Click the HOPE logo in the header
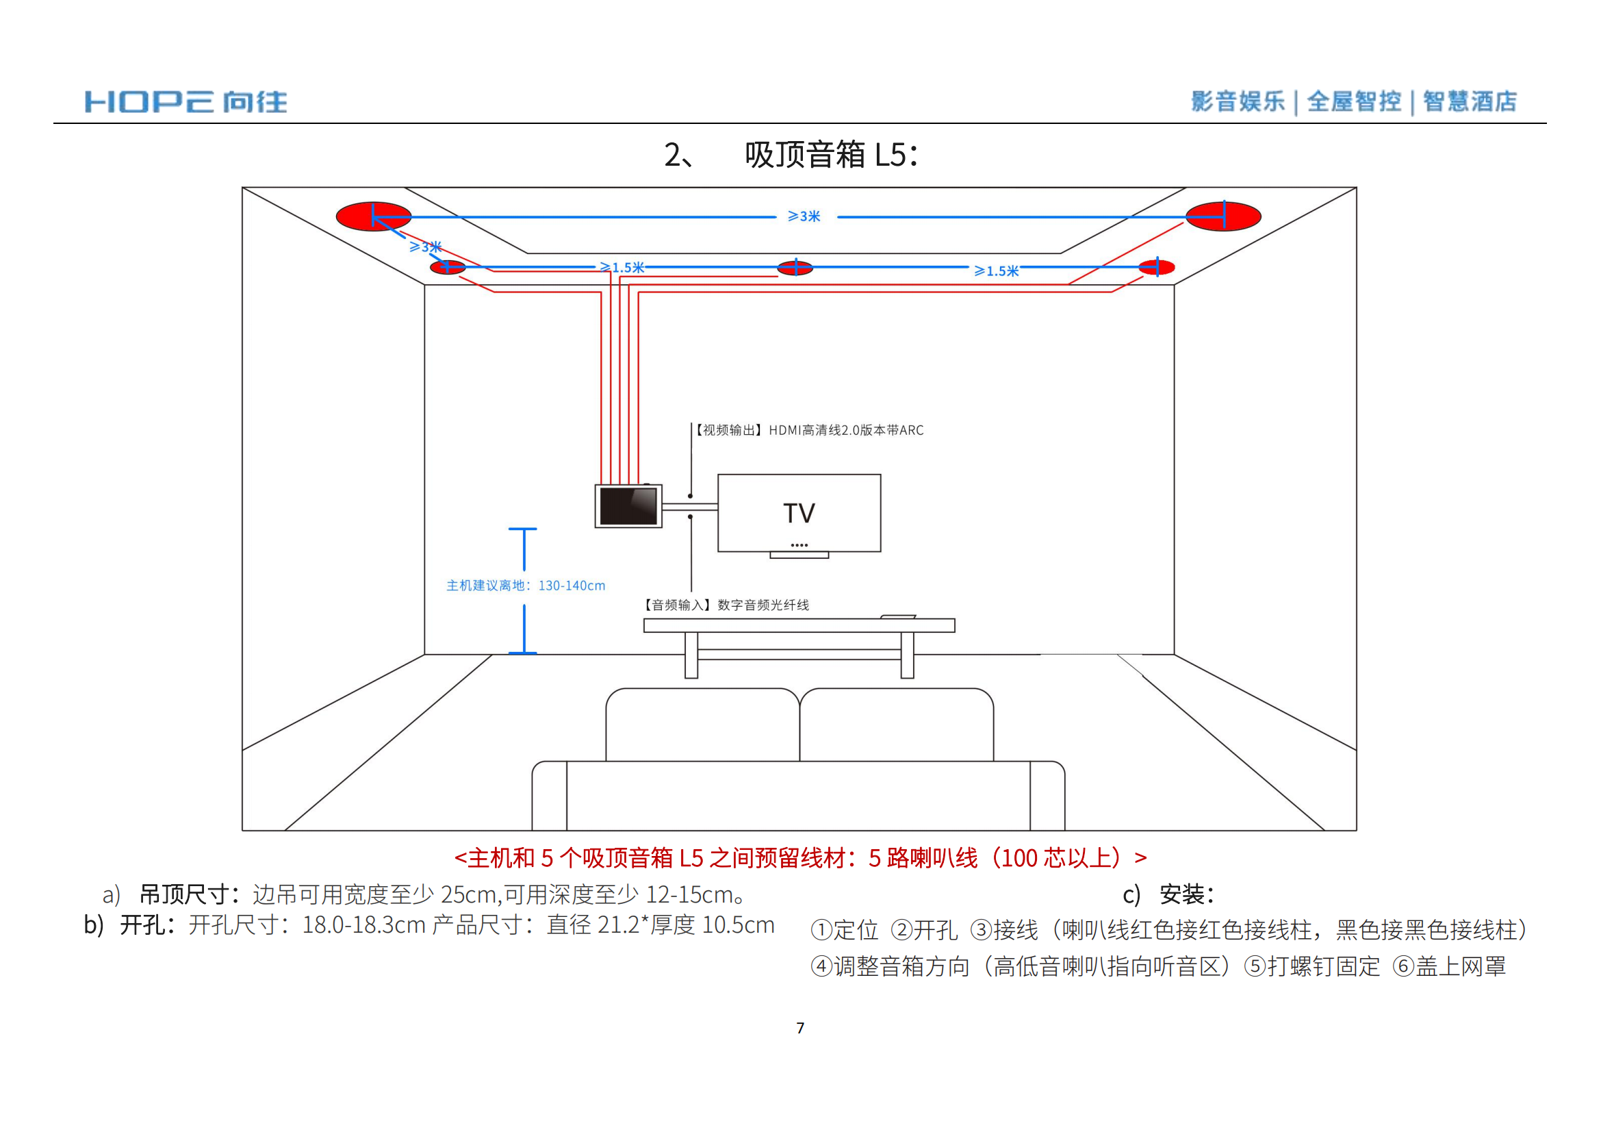[x=185, y=102]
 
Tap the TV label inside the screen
[x=798, y=514]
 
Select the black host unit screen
[x=628, y=505]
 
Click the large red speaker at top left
[x=374, y=216]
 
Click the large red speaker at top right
[x=1223, y=216]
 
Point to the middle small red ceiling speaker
[x=795, y=268]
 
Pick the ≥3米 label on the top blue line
[x=804, y=217]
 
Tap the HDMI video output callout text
[x=810, y=430]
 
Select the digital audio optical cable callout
[x=726, y=605]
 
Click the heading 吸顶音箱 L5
[x=831, y=155]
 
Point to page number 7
[x=801, y=1028]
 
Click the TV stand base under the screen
[x=799, y=555]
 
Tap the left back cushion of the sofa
[x=702, y=725]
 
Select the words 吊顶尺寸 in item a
[x=185, y=894]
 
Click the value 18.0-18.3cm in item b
[x=363, y=925]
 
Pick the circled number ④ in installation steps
[x=822, y=967]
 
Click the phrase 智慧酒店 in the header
[x=1470, y=102]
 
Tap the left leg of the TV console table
[x=691, y=655]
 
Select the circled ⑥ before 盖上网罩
[x=1404, y=967]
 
